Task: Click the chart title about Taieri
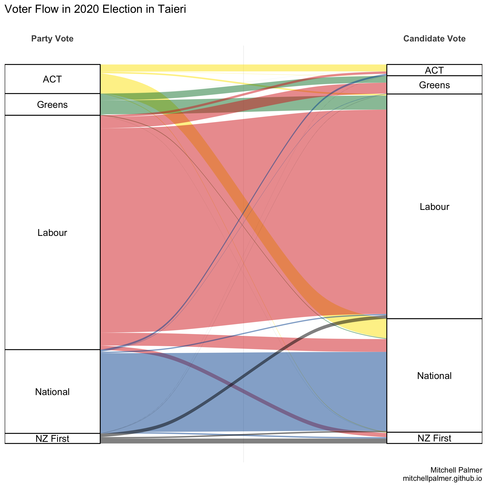pos(95,9)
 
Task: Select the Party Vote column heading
pos(52,39)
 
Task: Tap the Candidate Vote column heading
pos(434,39)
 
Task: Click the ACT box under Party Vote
pos(52,79)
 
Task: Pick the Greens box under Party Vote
pos(52,105)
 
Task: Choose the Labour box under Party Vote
pos(52,232)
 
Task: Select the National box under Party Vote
pos(52,392)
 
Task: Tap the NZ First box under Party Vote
pos(52,439)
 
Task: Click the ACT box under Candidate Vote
pos(434,70)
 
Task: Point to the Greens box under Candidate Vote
pos(434,85)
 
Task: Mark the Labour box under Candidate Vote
pos(434,207)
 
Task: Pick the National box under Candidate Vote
pos(434,376)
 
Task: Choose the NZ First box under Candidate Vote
pos(434,438)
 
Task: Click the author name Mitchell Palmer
pos(456,470)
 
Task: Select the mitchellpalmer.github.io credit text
pos(442,478)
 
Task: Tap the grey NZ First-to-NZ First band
pos(243,441)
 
